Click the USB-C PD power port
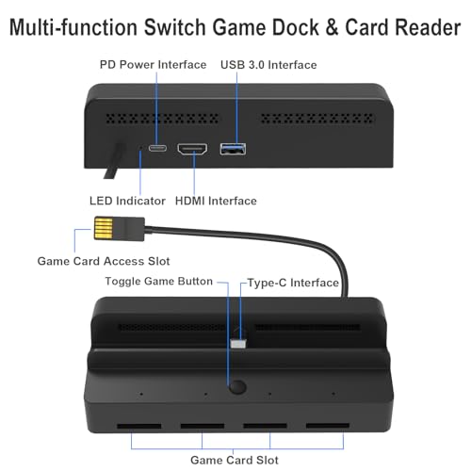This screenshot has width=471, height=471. click(x=157, y=148)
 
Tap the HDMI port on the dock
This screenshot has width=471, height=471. click(x=192, y=149)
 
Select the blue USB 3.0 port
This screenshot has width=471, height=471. click(x=233, y=149)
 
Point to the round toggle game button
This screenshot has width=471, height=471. click(x=237, y=387)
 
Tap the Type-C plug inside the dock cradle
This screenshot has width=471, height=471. click(x=238, y=344)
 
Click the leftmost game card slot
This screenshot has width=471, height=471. click(x=139, y=426)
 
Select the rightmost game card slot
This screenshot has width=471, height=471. click(x=328, y=426)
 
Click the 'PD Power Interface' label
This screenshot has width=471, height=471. click(x=153, y=65)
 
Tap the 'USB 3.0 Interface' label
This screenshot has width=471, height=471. click(x=268, y=65)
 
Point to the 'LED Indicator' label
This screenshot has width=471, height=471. click(x=127, y=201)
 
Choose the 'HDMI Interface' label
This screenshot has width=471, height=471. click(x=216, y=201)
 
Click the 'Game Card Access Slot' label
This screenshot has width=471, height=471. click(x=104, y=261)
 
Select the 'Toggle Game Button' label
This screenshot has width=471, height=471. click(x=159, y=282)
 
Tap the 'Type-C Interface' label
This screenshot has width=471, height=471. click(x=293, y=283)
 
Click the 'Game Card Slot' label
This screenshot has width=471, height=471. click(x=235, y=461)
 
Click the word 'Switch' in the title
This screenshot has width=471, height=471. click(x=175, y=27)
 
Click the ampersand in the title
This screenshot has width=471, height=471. click(x=333, y=27)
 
